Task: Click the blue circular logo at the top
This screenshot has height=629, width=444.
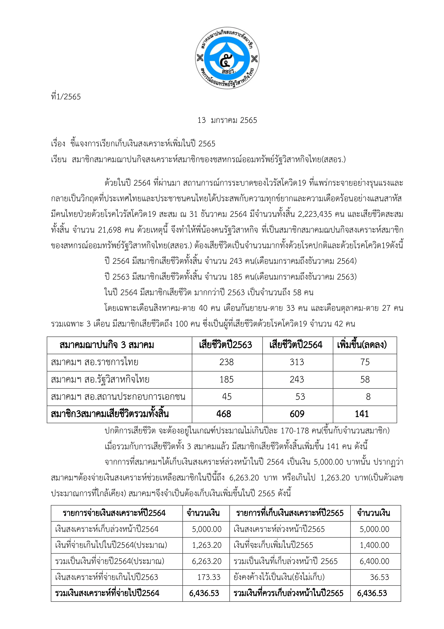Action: (227, 58)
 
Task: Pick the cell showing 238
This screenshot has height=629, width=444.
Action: (226, 362)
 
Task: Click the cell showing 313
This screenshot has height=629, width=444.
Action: (297, 362)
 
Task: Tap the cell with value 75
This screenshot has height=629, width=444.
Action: (365, 362)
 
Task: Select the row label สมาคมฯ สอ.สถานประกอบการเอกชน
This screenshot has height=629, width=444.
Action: (118, 396)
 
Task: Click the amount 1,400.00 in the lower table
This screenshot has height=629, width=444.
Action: (374, 545)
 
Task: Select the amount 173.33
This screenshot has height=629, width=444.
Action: (209, 577)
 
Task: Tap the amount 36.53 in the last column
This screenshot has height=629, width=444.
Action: (379, 577)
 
